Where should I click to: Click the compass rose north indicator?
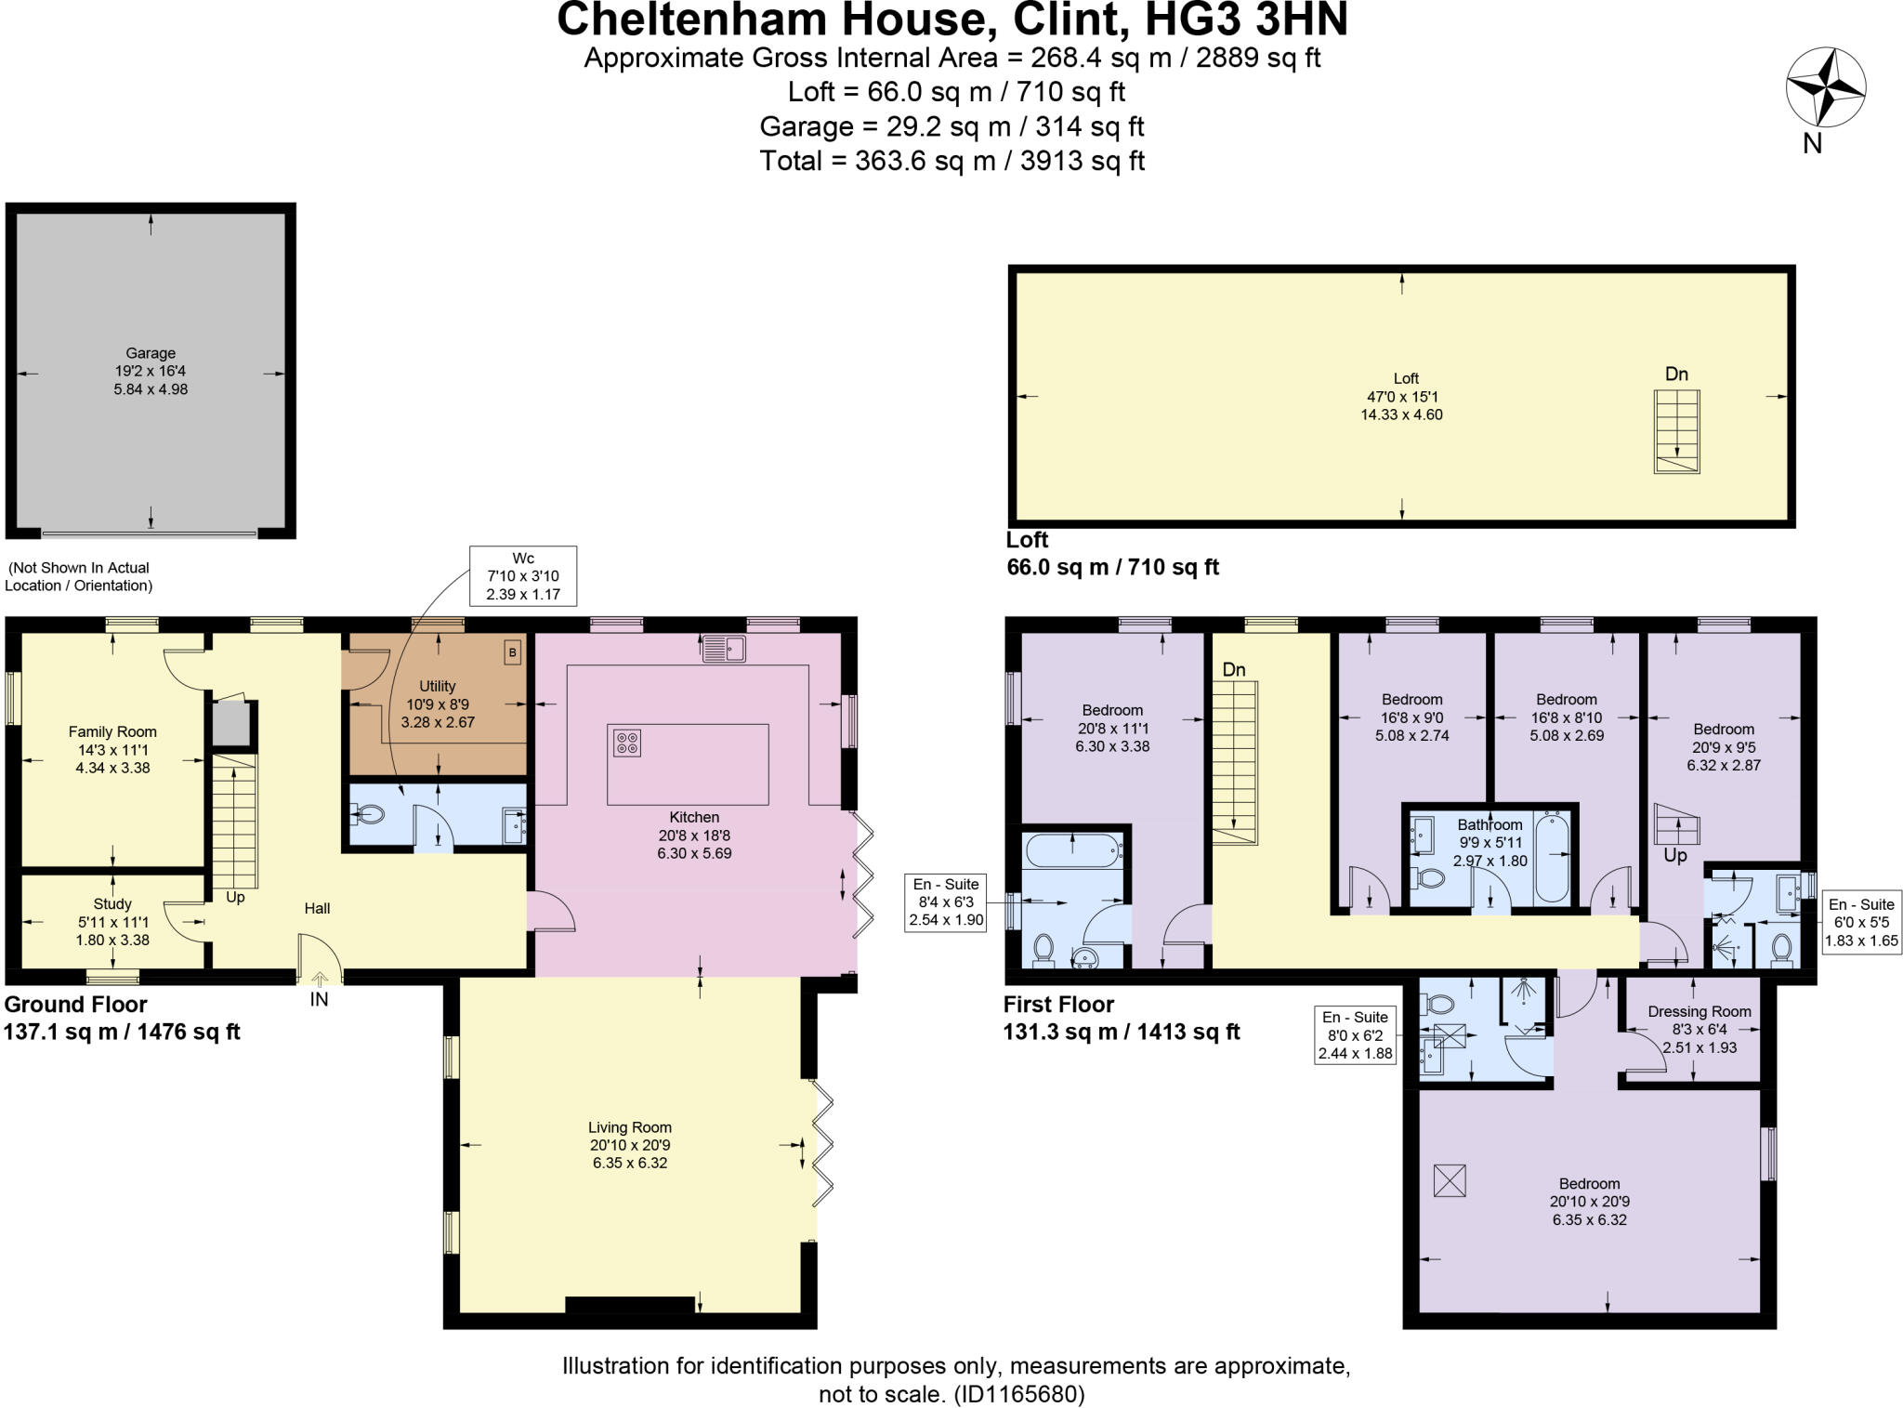1825,89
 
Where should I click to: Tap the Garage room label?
151,353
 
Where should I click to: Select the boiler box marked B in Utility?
512,653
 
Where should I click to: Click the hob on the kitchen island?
627,743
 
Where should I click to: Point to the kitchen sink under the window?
724,648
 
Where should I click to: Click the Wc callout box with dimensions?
523,576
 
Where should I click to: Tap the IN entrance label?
319,1000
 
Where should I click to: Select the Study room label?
112,904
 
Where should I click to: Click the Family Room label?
112,732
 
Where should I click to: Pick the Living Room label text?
629,1127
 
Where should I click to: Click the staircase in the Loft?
1676,431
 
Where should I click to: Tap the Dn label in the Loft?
1676,375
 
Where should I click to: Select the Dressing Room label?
1699,1012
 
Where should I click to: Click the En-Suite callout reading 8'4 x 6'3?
946,902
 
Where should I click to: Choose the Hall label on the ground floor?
317,909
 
